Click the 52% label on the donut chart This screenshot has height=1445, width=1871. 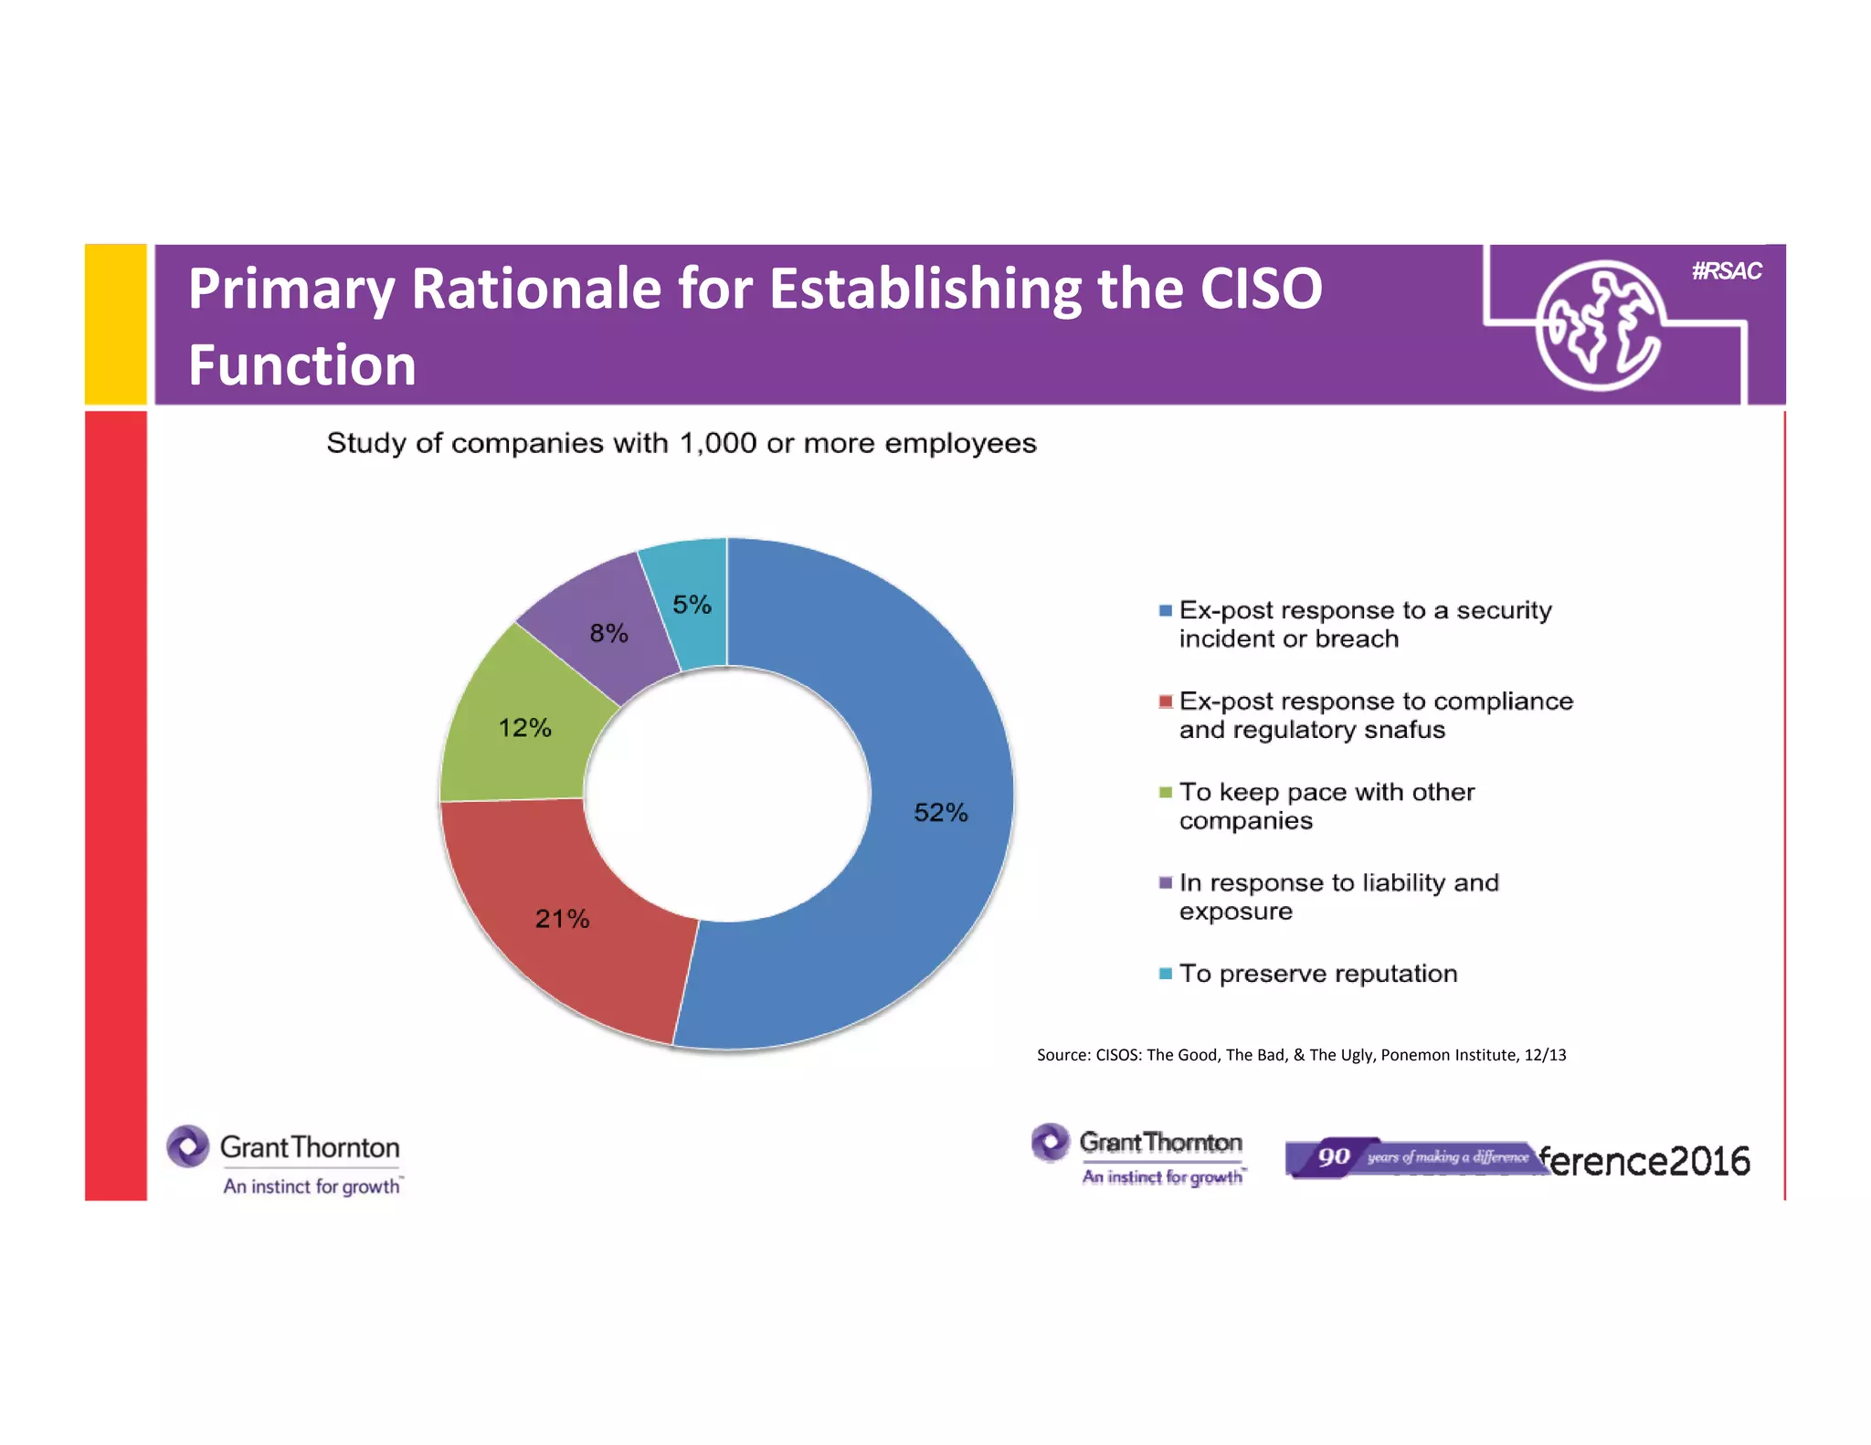point(940,812)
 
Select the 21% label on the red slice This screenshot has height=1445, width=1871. point(562,918)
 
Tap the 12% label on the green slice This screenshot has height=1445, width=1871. point(524,727)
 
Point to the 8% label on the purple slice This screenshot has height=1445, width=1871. point(608,632)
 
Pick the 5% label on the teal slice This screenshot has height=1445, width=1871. point(692,604)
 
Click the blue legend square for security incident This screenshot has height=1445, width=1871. point(1165,610)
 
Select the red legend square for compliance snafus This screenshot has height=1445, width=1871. point(1165,701)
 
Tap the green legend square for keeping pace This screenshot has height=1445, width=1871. point(1165,792)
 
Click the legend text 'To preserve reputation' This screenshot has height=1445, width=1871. point(1317,974)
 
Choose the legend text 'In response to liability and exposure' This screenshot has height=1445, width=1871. point(1338,896)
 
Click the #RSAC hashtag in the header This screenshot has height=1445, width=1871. point(1726,270)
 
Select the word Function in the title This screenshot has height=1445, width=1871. point(302,365)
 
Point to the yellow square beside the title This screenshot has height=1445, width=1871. point(116,323)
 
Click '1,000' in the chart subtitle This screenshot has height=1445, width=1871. point(717,443)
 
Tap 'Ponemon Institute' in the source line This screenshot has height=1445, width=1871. point(1448,1055)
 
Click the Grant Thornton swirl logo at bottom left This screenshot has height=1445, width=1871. point(188,1146)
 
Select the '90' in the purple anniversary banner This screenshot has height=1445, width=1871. point(1334,1157)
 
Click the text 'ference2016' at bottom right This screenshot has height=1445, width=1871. point(1644,1161)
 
